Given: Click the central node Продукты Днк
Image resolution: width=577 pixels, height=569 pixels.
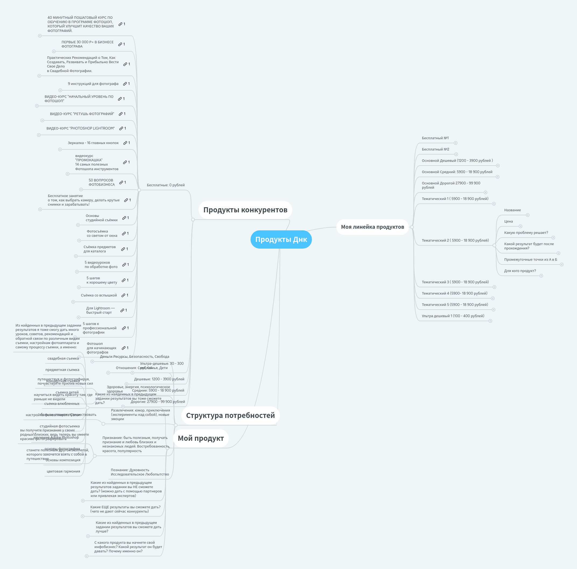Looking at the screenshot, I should (x=281, y=239).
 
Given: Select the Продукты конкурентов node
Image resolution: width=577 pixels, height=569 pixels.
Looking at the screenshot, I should (x=245, y=210).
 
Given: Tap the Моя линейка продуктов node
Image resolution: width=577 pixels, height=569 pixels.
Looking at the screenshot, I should (x=372, y=227).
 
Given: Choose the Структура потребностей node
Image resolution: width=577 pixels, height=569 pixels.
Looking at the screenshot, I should (x=230, y=416).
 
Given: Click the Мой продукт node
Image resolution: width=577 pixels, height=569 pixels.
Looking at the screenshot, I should (x=201, y=438).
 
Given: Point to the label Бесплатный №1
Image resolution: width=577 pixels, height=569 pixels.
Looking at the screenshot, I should (x=435, y=138).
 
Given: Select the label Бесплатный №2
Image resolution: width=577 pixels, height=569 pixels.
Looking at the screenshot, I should (x=435, y=149).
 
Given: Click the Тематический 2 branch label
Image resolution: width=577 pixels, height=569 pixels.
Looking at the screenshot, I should (x=455, y=240).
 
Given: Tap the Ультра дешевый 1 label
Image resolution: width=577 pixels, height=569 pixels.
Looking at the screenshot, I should (x=453, y=316).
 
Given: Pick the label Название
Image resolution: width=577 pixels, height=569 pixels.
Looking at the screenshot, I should (x=512, y=210).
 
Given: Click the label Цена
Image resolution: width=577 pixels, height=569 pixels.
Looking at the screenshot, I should (x=508, y=221).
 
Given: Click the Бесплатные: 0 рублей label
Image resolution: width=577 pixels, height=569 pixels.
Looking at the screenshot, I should (x=166, y=185).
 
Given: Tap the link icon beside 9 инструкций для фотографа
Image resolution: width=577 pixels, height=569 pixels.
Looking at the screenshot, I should (x=125, y=84).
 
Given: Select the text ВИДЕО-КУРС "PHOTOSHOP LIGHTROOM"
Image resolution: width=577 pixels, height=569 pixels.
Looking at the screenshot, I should (x=81, y=128).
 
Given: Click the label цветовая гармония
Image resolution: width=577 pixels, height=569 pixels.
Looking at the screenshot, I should (x=63, y=471).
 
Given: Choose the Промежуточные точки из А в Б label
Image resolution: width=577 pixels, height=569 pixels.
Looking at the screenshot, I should (x=530, y=260).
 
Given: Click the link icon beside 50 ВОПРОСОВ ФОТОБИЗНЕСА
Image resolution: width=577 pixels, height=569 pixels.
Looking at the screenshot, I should (x=121, y=182).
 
